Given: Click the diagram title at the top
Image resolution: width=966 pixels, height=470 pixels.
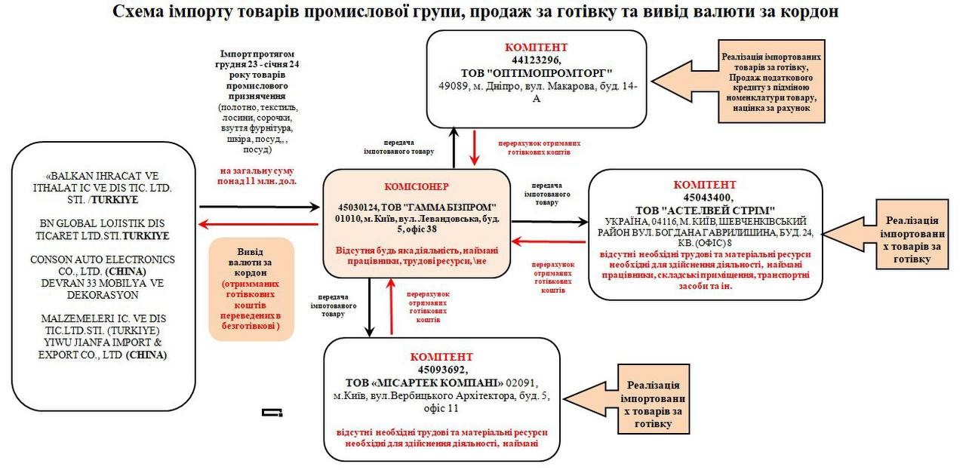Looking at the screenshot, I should pos(475,12).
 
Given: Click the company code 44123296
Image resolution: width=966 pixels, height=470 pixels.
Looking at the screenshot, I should pos(537,60).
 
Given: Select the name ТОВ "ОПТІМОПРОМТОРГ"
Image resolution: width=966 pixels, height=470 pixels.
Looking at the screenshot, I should pos(537,73).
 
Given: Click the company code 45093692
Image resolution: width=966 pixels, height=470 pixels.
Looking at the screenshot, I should pos(441,370).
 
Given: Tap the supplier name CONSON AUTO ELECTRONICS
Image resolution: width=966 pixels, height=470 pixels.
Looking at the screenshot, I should pos(103,260).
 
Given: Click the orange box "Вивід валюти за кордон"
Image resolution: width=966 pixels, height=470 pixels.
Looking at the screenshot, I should pos(251,290).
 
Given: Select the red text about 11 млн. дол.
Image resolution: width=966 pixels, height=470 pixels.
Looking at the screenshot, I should pos(258,176).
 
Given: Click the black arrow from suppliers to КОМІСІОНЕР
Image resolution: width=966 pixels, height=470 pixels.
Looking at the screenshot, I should pos(260,206).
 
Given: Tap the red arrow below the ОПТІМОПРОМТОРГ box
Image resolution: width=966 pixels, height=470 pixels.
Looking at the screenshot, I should pos(475,148).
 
